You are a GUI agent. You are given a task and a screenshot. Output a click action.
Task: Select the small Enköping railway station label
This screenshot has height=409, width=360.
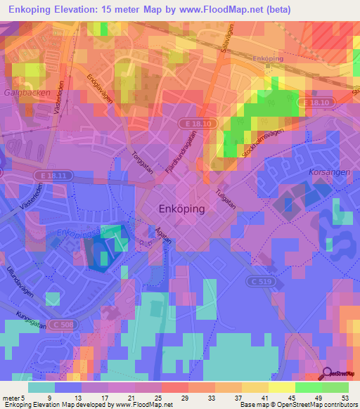click(267, 59)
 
